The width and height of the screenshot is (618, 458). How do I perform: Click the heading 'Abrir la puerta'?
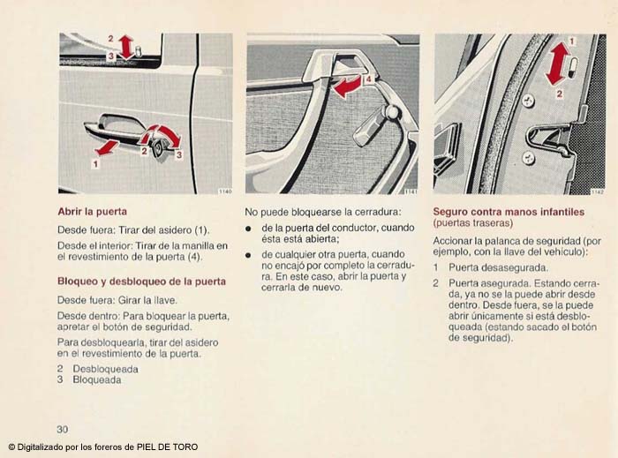(93, 212)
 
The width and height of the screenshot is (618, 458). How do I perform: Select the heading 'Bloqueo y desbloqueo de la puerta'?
(141, 282)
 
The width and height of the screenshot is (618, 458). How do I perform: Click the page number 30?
(63, 429)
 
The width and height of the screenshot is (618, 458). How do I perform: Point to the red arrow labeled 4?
(347, 86)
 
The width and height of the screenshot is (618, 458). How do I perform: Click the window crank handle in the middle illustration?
(375, 121)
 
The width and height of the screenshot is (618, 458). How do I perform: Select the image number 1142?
(597, 189)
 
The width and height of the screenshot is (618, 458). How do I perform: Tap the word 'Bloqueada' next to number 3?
(97, 379)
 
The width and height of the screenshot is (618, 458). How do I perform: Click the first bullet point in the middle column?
(250, 229)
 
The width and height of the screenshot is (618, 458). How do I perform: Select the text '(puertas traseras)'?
(473, 223)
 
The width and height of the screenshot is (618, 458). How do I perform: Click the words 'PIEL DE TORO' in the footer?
(168, 447)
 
